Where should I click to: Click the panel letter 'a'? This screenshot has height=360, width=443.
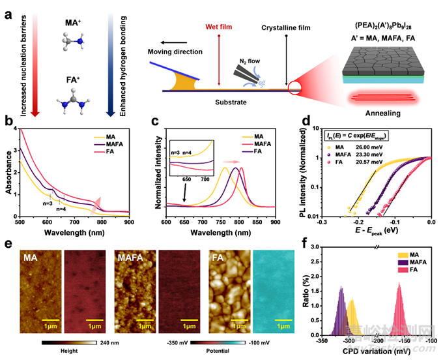coord(7,12)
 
